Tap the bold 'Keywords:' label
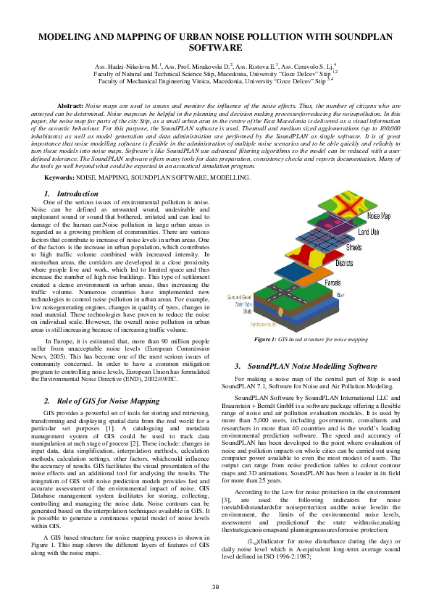pyautogui.click(x=59, y=177)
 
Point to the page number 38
pyautogui.click(x=215, y=587)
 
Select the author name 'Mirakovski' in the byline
pyautogui.click(x=201, y=67)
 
